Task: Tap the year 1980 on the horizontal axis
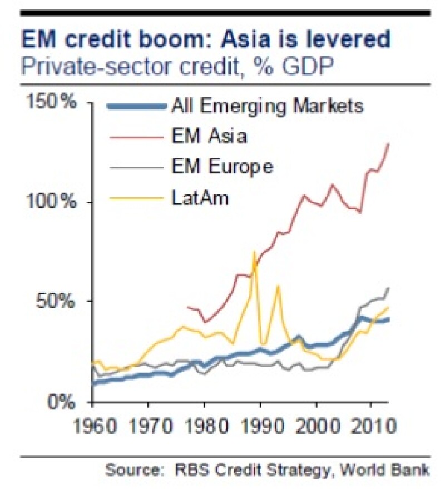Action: point(205,428)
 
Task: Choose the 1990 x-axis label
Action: point(260,428)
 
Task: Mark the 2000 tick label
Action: point(316,428)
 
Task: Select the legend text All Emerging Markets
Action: point(268,106)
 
